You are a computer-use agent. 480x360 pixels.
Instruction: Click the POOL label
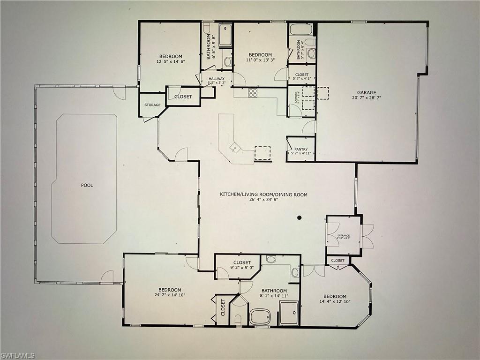tap(87, 185)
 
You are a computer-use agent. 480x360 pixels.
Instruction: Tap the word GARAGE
tap(367, 93)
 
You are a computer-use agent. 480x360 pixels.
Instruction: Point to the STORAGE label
tap(152, 105)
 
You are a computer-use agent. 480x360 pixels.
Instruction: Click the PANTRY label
tap(301, 149)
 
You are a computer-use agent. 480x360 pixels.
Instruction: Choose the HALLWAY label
tap(216, 79)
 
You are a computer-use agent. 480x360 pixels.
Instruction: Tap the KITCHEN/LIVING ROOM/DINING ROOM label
tap(264, 194)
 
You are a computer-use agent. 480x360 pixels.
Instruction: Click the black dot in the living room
tap(300, 217)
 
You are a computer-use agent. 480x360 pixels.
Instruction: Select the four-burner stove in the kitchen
tap(253, 93)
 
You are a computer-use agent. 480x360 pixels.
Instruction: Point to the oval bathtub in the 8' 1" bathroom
tap(260, 316)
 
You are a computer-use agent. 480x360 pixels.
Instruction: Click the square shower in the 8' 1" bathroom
tap(289, 313)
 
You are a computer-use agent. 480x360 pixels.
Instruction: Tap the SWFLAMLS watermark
tap(18, 355)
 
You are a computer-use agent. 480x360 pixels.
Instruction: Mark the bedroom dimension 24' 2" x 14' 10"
tap(169, 295)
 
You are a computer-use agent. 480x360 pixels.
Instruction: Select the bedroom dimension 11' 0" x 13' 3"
tap(260, 60)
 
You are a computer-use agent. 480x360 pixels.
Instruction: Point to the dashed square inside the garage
tap(323, 93)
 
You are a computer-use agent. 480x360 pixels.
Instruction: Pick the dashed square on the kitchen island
tap(262, 153)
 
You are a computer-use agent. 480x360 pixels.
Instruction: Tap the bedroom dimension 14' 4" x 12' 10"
tap(335, 302)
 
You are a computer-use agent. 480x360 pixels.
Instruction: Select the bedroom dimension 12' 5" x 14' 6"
tap(170, 61)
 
